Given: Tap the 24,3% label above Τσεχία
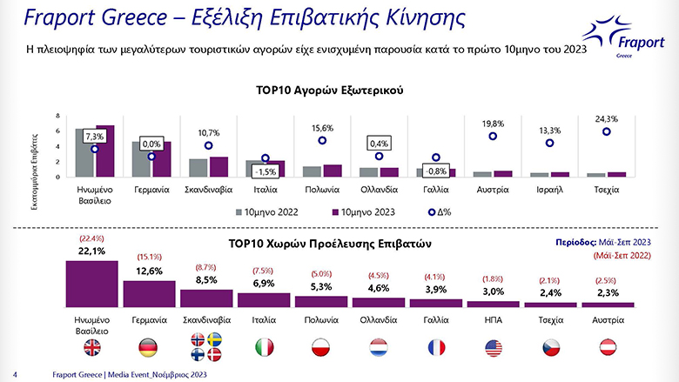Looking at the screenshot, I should pyautogui.click(x=606, y=119).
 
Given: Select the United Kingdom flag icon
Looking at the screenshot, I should pyautogui.click(x=91, y=348).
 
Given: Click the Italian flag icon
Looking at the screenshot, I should pyautogui.click(x=263, y=348).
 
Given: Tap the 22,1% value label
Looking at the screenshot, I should pyautogui.click(x=91, y=251).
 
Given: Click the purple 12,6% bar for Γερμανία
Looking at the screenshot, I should pyautogui.click(x=149, y=293).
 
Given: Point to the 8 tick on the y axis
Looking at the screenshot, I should pyautogui.click(x=57, y=117).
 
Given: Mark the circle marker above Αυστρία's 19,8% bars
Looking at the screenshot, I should pyautogui.click(x=493, y=136).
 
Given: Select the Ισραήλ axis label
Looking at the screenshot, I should pyautogui.click(x=549, y=189).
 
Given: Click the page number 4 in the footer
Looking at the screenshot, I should pyautogui.click(x=17, y=374).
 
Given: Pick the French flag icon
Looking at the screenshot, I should pyautogui.click(x=434, y=348).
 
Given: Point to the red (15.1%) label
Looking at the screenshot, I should pyautogui.click(x=149, y=257).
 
